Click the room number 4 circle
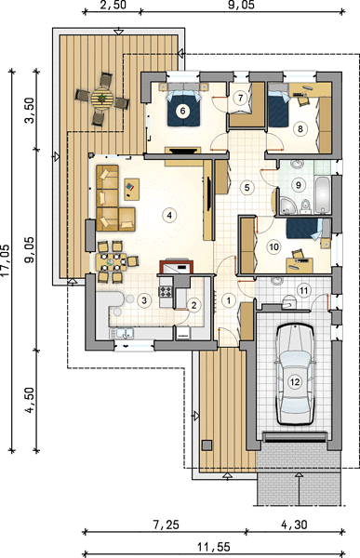click(x=169, y=215)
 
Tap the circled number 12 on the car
click(x=295, y=382)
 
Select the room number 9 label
click(x=299, y=185)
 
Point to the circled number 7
click(x=241, y=98)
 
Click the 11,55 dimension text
click(x=214, y=546)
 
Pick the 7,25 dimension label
click(x=164, y=525)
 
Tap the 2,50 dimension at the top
click(x=112, y=5)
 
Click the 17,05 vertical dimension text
click(x=6, y=260)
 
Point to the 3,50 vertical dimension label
click(x=30, y=110)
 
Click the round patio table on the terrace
click(x=101, y=98)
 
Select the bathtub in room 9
click(x=323, y=194)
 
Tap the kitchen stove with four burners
click(x=166, y=292)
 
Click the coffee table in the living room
click(x=131, y=190)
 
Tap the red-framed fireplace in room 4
click(x=177, y=266)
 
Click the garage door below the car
click(x=295, y=437)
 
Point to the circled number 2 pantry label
click(x=194, y=305)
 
